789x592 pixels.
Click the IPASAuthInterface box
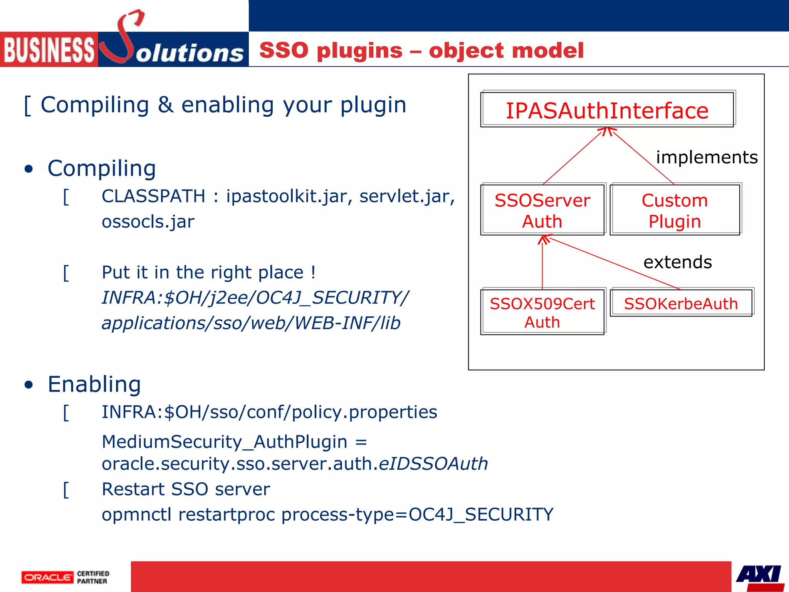607,110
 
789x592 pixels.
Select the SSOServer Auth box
542,210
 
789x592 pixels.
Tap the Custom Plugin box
675,210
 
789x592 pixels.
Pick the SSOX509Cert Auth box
542,312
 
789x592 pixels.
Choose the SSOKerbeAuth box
681,303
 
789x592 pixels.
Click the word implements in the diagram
707,157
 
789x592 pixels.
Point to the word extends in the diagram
677,262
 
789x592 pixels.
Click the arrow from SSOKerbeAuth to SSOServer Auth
613,263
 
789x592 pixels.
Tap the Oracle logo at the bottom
47,577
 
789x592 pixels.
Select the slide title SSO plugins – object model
421,50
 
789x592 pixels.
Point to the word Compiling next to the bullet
102,168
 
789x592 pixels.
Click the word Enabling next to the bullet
94,384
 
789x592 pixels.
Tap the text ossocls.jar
148,222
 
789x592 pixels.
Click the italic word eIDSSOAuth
433,464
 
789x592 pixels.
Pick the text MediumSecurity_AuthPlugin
225,442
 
